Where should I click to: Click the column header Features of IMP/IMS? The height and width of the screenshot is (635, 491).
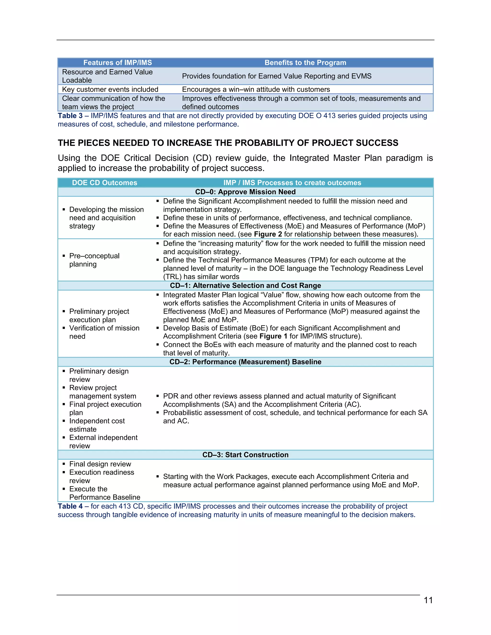(117, 63)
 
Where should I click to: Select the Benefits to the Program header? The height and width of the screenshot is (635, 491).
(305, 63)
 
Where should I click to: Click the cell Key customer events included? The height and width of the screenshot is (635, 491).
(110, 89)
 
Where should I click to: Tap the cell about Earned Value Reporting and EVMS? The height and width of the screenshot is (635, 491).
(277, 76)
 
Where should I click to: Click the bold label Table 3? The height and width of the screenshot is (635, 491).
(70, 116)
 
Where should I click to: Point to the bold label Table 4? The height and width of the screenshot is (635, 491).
(70, 506)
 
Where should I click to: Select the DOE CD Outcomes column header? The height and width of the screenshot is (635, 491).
(105, 183)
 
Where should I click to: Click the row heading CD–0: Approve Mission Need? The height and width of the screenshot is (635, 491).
(245, 192)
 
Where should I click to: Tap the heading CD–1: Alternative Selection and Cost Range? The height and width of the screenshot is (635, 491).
(245, 286)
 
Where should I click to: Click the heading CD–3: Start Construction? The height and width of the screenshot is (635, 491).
(245, 455)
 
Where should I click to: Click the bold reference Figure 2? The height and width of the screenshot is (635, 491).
(268, 234)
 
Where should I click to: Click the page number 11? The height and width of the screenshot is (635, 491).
(428, 600)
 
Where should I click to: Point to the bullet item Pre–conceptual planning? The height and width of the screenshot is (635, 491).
(94, 260)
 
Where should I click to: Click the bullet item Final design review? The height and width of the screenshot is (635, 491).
(100, 464)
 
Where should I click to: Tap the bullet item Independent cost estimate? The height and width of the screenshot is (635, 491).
(97, 425)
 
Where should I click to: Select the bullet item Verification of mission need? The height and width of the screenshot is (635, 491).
(104, 332)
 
